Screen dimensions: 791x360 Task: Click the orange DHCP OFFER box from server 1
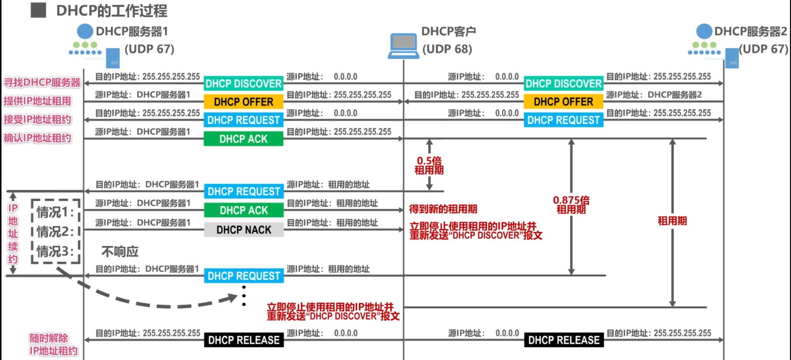point(243,102)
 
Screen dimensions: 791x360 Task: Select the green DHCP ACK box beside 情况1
point(243,210)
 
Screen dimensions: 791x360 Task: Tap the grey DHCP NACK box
point(243,230)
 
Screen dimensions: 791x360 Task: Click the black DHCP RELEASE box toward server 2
point(564,340)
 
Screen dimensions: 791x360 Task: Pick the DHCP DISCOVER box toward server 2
point(563,83)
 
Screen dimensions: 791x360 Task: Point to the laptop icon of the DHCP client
point(403,46)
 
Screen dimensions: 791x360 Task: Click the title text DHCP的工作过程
point(111,11)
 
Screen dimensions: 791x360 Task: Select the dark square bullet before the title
point(38,10)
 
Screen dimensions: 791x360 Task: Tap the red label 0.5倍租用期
point(429,165)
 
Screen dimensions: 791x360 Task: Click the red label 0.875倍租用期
point(571,205)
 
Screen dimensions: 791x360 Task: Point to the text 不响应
point(120,252)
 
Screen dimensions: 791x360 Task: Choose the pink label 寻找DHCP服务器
point(42,82)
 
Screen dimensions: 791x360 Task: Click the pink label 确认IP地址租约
point(38,138)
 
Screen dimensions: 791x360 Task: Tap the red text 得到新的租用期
point(443,209)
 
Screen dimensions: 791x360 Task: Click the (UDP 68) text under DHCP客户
point(447,49)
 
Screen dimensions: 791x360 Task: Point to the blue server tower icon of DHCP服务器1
point(113,58)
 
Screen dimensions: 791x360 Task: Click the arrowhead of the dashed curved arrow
point(233,297)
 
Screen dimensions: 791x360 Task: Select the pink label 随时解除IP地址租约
point(53,345)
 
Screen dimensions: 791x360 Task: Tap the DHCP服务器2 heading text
point(751,31)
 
